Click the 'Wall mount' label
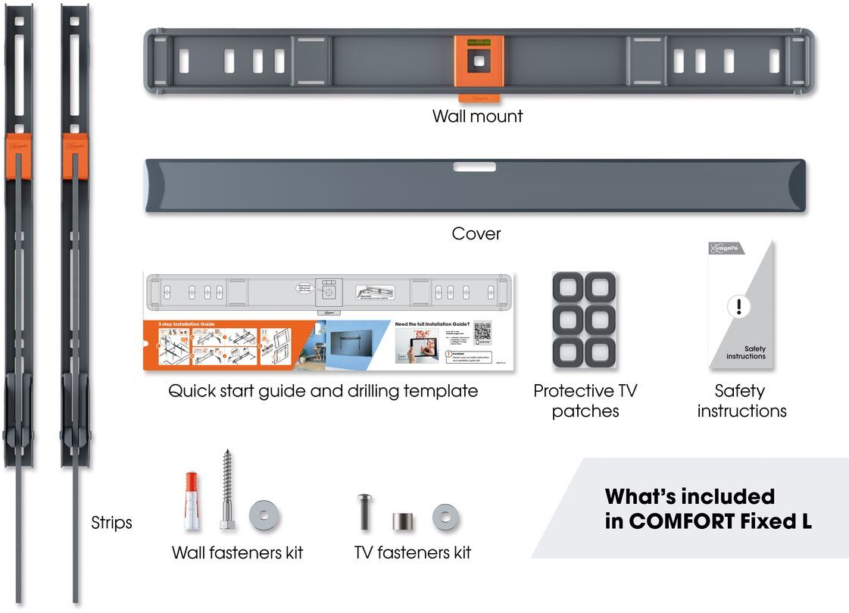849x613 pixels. tap(477, 117)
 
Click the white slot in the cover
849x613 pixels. tap(475, 167)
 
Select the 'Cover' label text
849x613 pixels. tap(476, 233)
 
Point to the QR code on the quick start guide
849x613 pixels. tap(482, 333)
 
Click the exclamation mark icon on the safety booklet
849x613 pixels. tap(738, 307)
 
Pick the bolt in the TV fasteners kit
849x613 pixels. tap(364, 511)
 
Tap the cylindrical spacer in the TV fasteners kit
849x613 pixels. tap(401, 521)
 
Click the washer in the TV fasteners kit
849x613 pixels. tap(445, 518)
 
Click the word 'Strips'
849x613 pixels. tap(111, 523)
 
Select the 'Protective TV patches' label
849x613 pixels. tap(585, 401)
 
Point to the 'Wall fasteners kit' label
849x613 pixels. tap(237, 553)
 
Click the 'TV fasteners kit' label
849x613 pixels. tap(412, 553)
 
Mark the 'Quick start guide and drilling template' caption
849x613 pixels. tap(323, 392)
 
